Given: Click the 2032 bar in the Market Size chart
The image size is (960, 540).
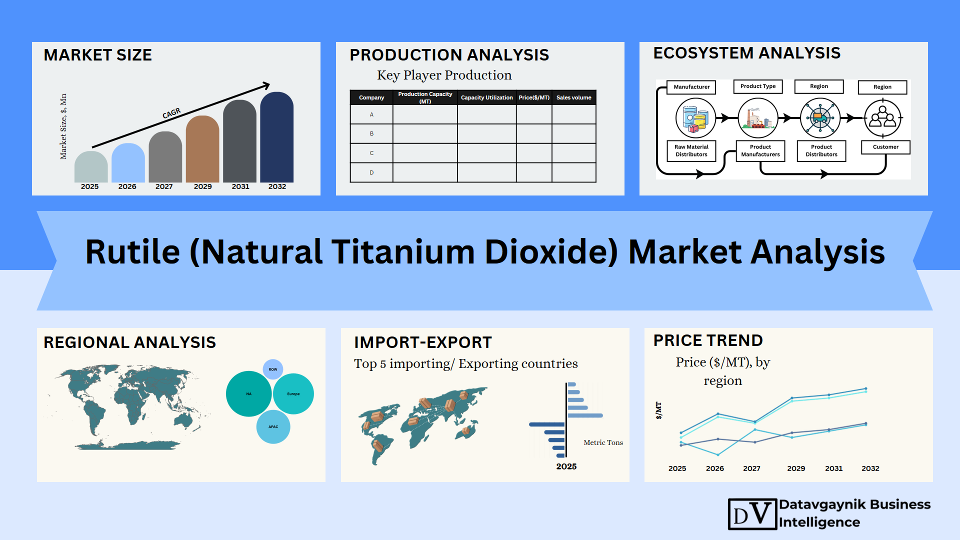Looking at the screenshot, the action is (277, 137).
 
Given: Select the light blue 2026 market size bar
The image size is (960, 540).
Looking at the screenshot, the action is (128, 163).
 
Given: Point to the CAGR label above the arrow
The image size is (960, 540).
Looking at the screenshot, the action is (171, 113).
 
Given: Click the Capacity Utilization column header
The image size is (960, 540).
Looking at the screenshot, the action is (486, 97).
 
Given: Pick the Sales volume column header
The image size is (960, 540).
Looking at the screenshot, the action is (574, 97).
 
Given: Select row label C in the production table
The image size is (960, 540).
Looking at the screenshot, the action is (371, 153).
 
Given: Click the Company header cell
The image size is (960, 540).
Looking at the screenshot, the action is (371, 97).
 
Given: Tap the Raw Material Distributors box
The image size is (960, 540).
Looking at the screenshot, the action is (691, 150).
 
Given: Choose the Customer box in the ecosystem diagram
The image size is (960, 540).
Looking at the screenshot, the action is (885, 147).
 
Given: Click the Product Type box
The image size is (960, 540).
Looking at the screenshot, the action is (758, 86).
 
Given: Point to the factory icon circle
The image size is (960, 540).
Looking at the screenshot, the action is (758, 118).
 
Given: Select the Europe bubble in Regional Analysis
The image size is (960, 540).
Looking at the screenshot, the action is (293, 394).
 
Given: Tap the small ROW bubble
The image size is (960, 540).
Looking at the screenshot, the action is (273, 369).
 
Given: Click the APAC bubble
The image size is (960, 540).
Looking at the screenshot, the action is (273, 427).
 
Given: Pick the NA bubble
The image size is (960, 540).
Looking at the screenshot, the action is (249, 394).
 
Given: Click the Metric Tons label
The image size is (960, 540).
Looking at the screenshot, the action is (603, 442).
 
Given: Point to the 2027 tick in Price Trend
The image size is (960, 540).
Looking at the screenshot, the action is (751, 468).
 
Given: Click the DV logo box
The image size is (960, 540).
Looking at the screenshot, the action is (752, 514).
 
